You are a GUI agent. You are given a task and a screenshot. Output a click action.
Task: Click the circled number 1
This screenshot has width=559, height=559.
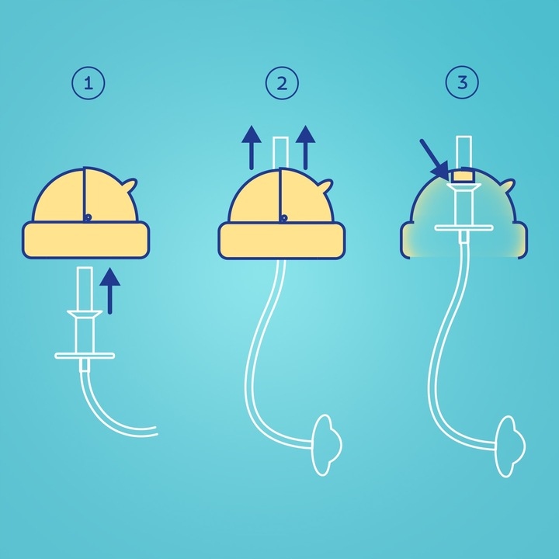(88, 83)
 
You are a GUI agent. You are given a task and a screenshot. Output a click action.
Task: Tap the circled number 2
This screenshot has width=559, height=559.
(281, 83)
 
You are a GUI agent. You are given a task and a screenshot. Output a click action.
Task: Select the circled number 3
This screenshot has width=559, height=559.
(463, 83)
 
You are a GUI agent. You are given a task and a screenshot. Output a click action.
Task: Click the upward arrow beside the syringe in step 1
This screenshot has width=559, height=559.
(112, 289)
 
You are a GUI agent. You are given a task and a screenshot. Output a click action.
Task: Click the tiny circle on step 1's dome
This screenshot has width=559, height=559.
(89, 217)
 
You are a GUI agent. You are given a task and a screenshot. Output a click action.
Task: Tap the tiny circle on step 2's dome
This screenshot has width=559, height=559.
(285, 217)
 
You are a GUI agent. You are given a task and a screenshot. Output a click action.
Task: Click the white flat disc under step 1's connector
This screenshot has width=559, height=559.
(85, 356)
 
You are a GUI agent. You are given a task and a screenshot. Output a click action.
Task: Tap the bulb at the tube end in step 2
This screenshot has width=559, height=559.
(326, 447)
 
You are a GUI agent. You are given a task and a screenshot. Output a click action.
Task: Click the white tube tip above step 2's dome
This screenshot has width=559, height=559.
(281, 151)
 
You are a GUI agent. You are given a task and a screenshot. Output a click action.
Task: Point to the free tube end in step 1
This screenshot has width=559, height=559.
(155, 431)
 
